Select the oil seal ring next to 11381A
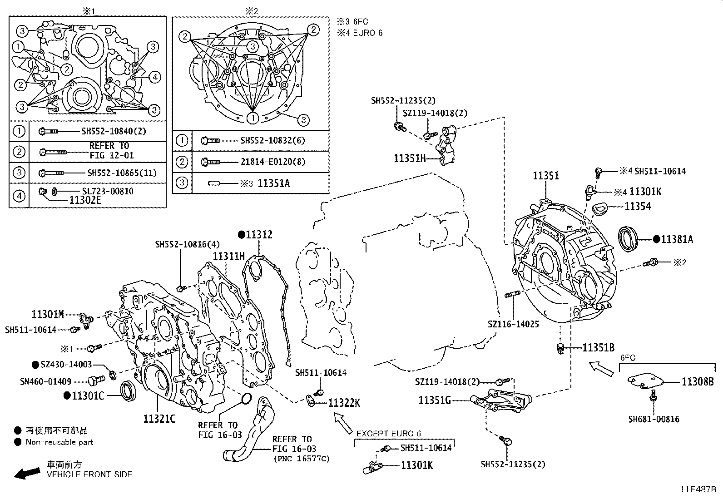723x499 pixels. [629, 239]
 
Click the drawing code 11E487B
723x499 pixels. [698, 490]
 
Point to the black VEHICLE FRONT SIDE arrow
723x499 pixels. [26, 474]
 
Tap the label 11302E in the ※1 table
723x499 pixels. [85, 199]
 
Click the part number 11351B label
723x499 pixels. [598, 348]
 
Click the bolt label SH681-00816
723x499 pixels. [654, 419]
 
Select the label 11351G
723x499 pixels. [435, 400]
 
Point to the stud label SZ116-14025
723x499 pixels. [513, 325]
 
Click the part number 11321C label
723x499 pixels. [159, 419]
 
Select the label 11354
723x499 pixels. [637, 207]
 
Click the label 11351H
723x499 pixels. [410, 158]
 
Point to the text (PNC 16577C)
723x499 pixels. [302, 459]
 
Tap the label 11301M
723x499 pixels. [48, 314]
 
